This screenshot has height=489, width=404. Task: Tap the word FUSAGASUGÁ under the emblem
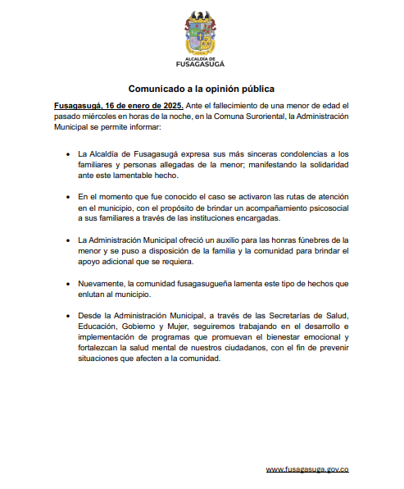coord(200,64)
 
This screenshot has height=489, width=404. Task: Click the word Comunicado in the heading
coord(156,88)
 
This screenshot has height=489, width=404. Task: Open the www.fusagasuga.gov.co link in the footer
coord(307,468)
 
